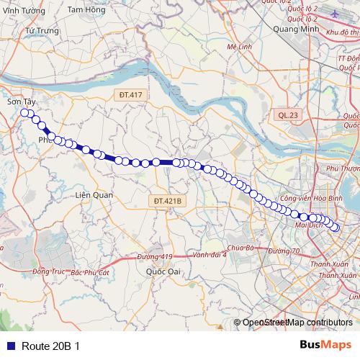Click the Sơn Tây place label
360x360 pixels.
[x=22, y=103]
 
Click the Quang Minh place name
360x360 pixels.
[x=295, y=29]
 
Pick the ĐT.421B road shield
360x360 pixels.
[x=170, y=200]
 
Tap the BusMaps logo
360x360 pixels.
[x=326, y=345]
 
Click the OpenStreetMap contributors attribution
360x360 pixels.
[x=297, y=323]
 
